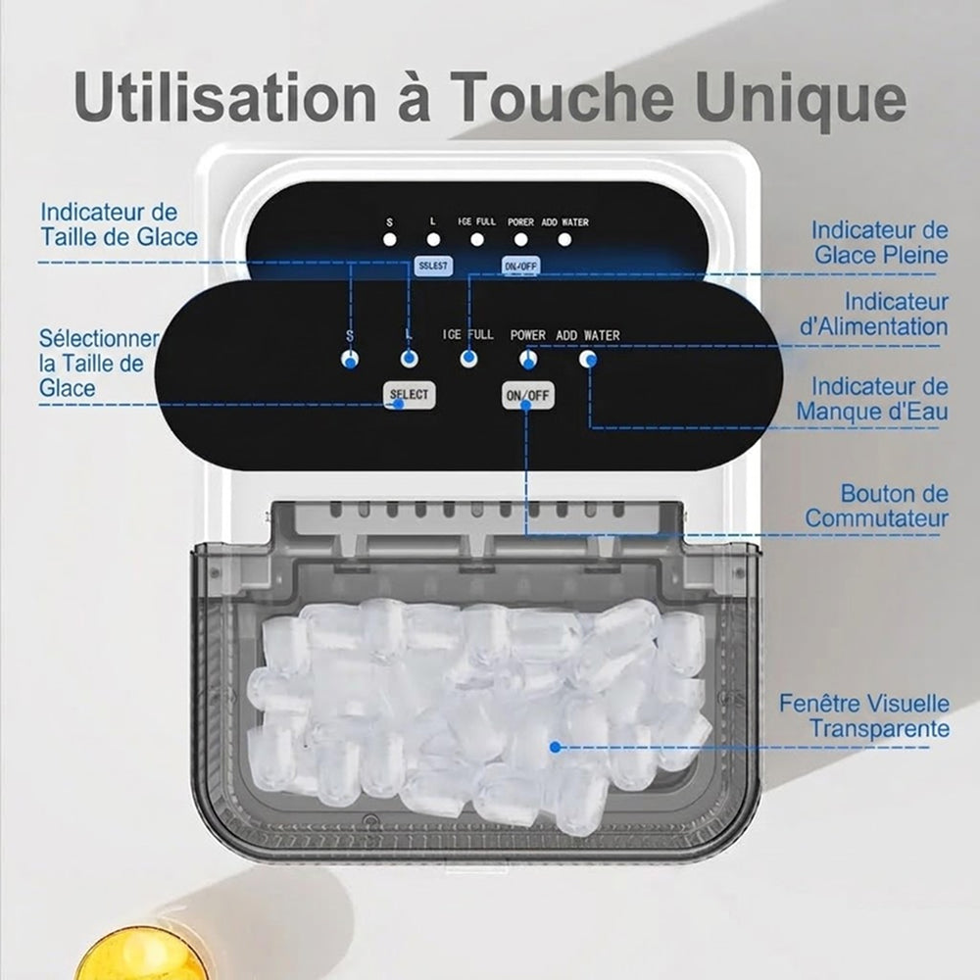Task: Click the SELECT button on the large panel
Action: tap(410, 395)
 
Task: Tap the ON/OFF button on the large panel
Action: tap(528, 395)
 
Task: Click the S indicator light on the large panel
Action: tap(350, 360)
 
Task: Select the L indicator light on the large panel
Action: tap(410, 359)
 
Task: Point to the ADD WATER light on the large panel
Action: tap(587, 359)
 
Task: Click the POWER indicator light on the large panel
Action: tap(528, 359)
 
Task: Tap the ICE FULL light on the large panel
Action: tap(468, 359)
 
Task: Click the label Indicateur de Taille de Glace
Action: tap(119, 224)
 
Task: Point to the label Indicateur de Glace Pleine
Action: tap(880, 242)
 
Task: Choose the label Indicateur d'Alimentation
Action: tap(874, 315)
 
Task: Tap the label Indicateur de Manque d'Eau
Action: tap(872, 400)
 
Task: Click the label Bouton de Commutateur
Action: tap(876, 506)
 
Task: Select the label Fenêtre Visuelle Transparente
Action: tap(864, 715)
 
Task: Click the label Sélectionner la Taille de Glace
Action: tap(99, 364)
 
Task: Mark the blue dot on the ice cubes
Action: tap(555, 747)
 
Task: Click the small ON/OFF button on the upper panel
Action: tap(520, 267)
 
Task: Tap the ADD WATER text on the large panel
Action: tap(588, 335)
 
